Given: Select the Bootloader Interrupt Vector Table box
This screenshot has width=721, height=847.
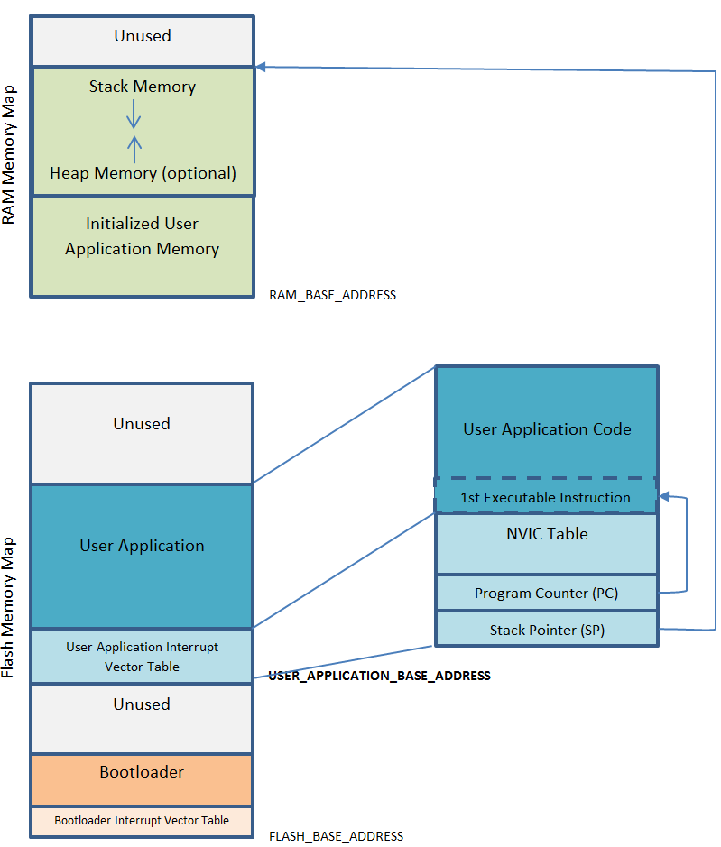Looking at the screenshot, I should pos(142,820).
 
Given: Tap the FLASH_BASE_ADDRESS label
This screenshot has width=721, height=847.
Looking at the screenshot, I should pos(336,836).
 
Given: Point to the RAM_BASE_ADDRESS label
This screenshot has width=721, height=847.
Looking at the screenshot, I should pos(332,295).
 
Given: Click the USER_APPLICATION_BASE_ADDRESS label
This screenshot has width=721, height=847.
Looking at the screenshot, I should pos(379,676).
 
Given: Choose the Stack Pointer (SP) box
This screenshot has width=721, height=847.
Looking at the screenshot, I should pos(547,630).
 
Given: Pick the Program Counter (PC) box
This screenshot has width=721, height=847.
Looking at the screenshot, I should pos(547,594).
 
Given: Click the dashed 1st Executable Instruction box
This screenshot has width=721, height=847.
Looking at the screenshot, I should pos(545,497).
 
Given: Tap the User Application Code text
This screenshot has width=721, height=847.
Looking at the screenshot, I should pos(547,429).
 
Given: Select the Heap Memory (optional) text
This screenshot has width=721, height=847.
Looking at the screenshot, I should pos(143,173).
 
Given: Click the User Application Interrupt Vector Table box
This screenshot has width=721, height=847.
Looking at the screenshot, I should pos(142,657).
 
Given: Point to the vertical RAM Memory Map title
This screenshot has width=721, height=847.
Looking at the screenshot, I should pos(9,155).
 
